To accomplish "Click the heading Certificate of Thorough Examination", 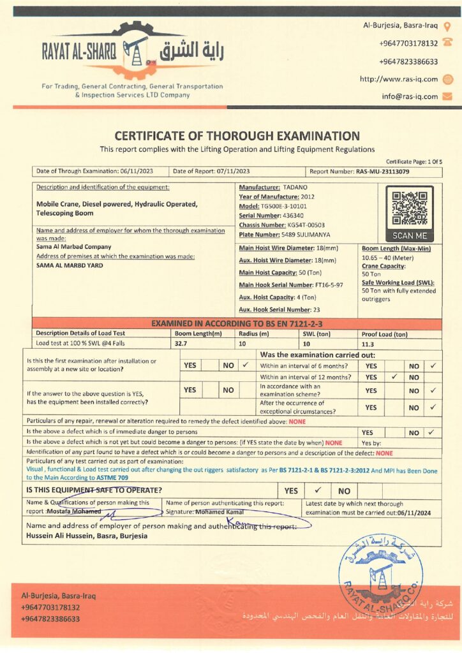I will pos(237,135).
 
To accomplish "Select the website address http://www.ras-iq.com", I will pos(399,79).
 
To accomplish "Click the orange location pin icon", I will pos(447,26).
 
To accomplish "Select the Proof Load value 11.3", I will pos(368,344).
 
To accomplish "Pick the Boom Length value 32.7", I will pos(182,344).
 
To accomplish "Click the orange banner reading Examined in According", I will pos(236,323).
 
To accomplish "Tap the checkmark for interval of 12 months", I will pos(394,377).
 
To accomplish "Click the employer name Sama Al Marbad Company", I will pos(73,247).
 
